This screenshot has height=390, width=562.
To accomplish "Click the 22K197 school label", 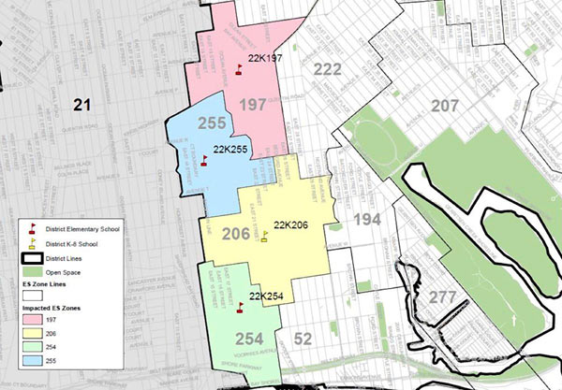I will point(264,58).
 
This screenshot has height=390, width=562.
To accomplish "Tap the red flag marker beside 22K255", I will point(205,159).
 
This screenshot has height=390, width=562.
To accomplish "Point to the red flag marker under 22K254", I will point(240,306).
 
